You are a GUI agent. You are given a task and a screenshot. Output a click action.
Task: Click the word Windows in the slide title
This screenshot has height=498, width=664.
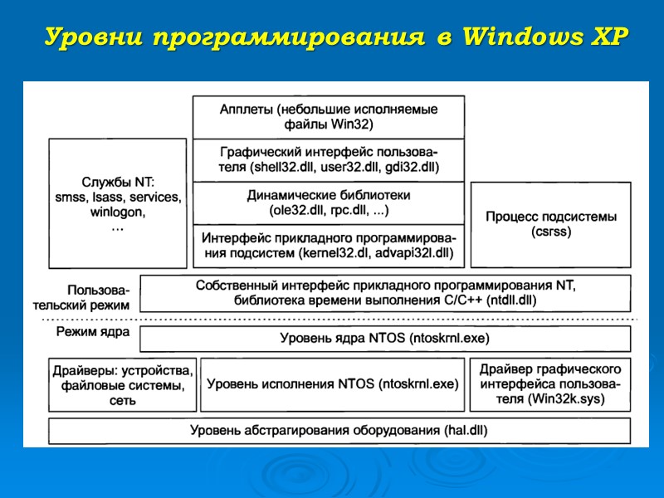click(526, 37)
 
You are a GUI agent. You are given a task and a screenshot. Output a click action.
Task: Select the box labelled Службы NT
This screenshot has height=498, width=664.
click(117, 203)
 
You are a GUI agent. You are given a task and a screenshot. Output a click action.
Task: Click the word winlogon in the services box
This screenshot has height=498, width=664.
click(117, 212)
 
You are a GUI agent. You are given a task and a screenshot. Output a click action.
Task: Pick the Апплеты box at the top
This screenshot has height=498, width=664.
click(329, 117)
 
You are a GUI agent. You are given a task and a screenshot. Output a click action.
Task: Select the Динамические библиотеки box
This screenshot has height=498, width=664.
click(329, 203)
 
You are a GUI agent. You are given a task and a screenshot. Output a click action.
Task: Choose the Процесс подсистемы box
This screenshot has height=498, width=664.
click(551, 224)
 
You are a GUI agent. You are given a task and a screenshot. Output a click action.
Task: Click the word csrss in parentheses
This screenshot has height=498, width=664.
click(551, 232)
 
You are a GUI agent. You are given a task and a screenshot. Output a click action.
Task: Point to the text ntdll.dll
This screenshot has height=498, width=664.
click(512, 300)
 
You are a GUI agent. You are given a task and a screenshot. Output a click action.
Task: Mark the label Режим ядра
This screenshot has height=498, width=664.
click(92, 332)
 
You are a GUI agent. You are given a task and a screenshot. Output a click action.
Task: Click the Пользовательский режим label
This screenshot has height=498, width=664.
click(99, 298)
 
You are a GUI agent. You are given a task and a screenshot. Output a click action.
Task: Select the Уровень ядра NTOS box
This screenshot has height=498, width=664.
click(385, 339)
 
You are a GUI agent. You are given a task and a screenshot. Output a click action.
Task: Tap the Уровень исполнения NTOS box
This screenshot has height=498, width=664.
click(332, 384)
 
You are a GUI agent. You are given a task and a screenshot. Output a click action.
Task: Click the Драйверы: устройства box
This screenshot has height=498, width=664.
click(122, 384)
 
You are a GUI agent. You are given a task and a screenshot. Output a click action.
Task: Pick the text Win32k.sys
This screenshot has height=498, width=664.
click(566, 399)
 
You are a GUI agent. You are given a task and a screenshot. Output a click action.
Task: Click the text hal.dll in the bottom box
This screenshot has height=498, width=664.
click(466, 430)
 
